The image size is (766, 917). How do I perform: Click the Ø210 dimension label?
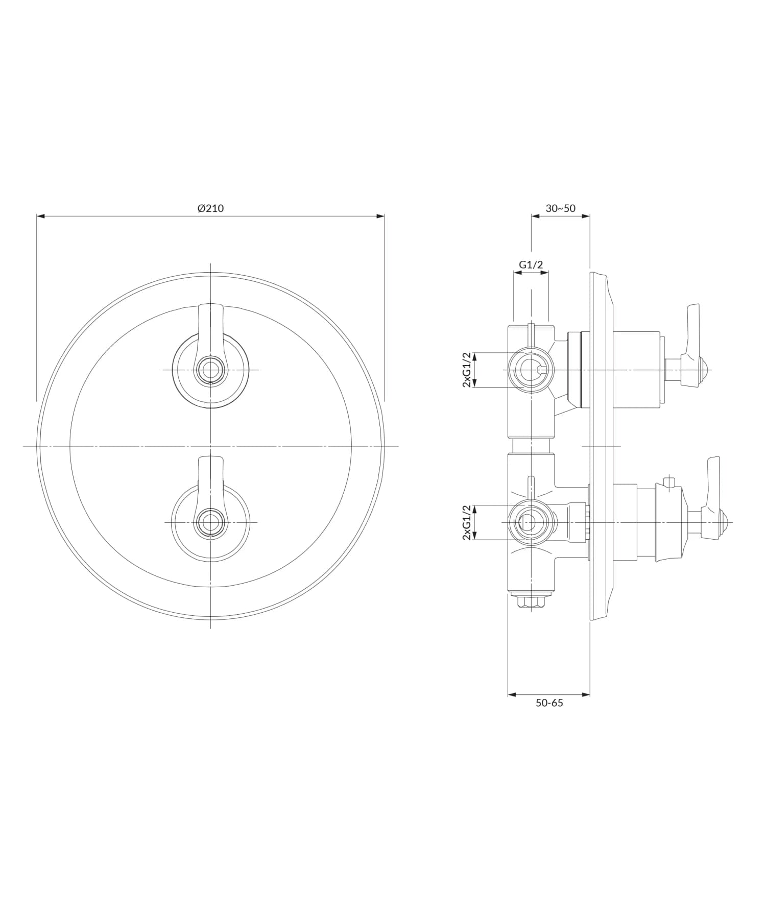tap(210, 208)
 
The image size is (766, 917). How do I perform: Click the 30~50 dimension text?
tap(560, 208)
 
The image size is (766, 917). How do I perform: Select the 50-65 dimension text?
tap(549, 703)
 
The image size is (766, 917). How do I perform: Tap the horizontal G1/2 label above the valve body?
tap(531, 264)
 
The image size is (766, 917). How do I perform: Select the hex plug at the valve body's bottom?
tap(531, 601)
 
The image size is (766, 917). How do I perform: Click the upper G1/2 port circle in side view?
tap(531, 370)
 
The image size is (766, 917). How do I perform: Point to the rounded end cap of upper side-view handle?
tap(704, 370)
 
